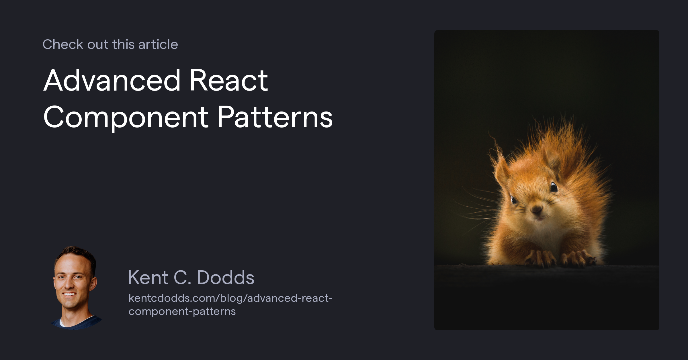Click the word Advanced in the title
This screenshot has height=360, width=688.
pyautogui.click(x=112, y=81)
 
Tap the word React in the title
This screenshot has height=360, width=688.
pyautogui.click(x=228, y=81)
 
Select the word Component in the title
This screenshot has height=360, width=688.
pyautogui.click(x=126, y=118)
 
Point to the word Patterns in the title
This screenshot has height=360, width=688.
pyautogui.click(x=275, y=118)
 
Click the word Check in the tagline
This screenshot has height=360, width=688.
pyautogui.click(x=63, y=44)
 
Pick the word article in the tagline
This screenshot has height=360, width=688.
pyautogui.click(x=158, y=44)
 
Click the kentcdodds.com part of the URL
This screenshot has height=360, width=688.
pyautogui.click(x=173, y=298)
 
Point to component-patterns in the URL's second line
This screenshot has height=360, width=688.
pyautogui.click(x=182, y=311)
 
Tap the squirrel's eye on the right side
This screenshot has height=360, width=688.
pyautogui.click(x=554, y=187)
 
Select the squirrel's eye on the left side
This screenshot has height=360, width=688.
pyautogui.click(x=514, y=199)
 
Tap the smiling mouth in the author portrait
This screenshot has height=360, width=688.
pyautogui.click(x=69, y=294)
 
